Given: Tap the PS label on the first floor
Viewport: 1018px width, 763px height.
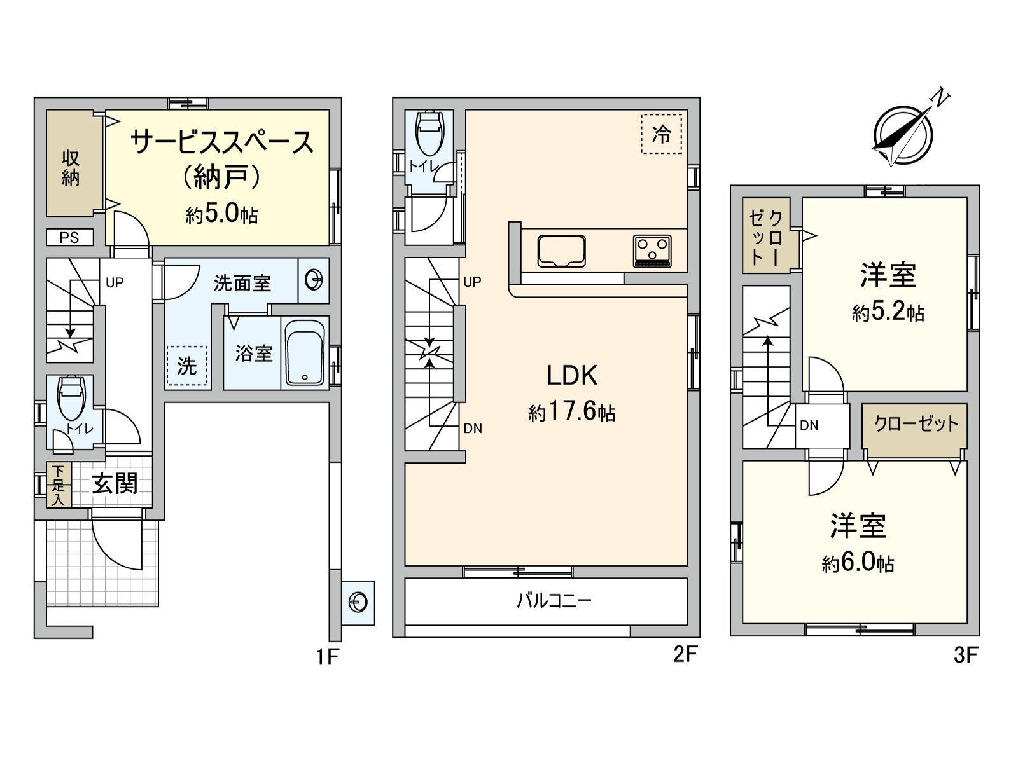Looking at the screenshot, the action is (x=69, y=238).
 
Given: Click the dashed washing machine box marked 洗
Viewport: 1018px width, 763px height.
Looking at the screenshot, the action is (x=187, y=366).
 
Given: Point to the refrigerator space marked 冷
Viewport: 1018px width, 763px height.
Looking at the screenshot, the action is (x=661, y=134).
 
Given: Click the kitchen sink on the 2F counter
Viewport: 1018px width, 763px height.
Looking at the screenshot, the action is (x=561, y=251).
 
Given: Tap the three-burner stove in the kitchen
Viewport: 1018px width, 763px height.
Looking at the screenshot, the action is (x=652, y=251).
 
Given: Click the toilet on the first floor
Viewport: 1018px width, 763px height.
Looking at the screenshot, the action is (x=71, y=397).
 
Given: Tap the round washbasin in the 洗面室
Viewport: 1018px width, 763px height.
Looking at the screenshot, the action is (x=314, y=280).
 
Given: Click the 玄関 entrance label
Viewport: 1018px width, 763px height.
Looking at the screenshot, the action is (x=115, y=484).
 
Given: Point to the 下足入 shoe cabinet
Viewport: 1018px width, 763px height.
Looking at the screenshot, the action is (x=59, y=485).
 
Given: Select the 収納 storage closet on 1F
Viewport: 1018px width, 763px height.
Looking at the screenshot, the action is (x=71, y=163).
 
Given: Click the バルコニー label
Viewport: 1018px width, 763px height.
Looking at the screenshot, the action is (x=554, y=601).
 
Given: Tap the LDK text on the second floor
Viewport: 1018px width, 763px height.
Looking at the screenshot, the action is (x=572, y=375).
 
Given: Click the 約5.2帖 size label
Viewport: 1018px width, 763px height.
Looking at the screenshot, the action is (x=888, y=313).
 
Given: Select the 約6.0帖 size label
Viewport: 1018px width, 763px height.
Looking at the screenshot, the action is (x=858, y=563).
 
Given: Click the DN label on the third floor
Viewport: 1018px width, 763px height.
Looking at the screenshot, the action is (x=809, y=425).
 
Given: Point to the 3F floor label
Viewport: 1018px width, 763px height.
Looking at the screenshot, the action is (x=966, y=656).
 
